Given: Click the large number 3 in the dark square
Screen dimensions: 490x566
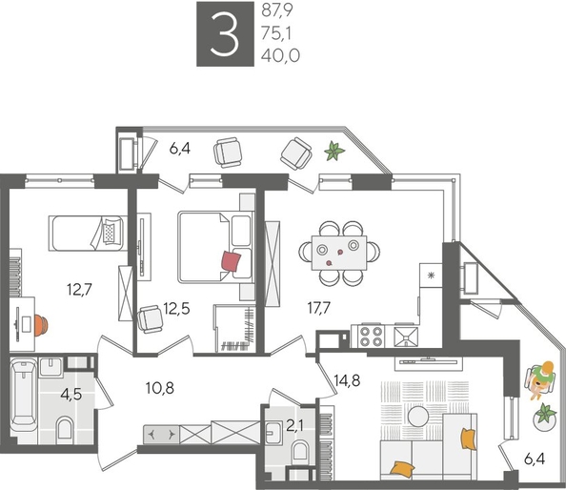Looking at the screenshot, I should click(x=227, y=34).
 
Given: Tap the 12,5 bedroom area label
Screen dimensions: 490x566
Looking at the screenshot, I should click(x=176, y=308).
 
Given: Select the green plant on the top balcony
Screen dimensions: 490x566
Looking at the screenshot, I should click(x=334, y=150).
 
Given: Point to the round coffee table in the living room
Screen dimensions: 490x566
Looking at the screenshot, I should click(x=418, y=416).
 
